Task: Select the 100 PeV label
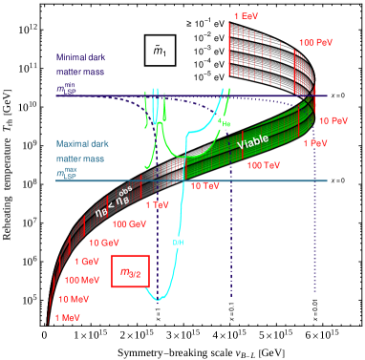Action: (315, 43)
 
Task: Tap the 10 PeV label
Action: (333, 121)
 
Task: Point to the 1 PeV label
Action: (317, 143)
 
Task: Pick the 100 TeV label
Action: (264, 165)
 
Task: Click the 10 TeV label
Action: (204, 185)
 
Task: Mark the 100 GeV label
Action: (130, 223)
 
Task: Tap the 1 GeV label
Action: (86, 261)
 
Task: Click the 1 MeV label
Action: (67, 317)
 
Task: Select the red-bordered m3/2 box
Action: (130, 272)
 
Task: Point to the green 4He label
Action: (225, 121)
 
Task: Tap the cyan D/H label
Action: (178, 243)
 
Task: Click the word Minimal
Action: (73, 56)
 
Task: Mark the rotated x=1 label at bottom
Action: (158, 312)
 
